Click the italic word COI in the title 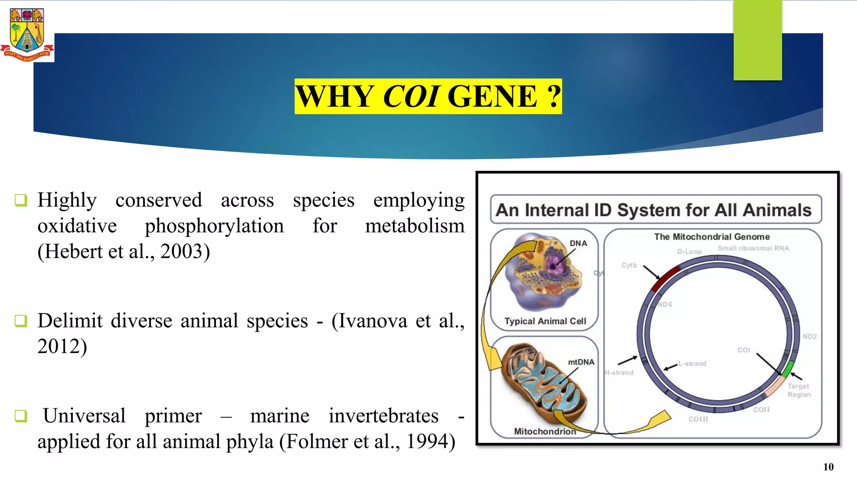pyautogui.click(x=411, y=97)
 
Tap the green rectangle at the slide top pyautogui.click(x=757, y=40)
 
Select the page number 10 pyautogui.click(x=828, y=467)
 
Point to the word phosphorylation pyautogui.click(x=214, y=226)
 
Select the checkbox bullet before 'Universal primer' pyautogui.click(x=21, y=416)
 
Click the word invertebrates pyautogui.click(x=383, y=416)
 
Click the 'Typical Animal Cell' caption pyautogui.click(x=545, y=321)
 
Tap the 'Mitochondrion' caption pyautogui.click(x=545, y=431)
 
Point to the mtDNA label pyautogui.click(x=581, y=362)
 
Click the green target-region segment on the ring pyautogui.click(x=788, y=368)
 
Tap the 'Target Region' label pyautogui.click(x=798, y=390)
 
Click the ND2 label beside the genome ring pyautogui.click(x=809, y=336)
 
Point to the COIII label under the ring pyautogui.click(x=698, y=419)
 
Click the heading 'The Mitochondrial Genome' pyautogui.click(x=712, y=237)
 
